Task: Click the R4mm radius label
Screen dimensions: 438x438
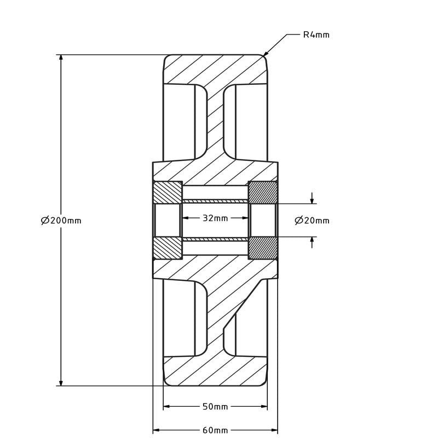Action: click(316, 35)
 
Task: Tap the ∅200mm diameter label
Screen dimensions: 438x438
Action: click(61, 221)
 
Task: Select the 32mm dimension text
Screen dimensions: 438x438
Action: click(215, 218)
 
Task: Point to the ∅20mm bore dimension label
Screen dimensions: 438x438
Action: click(312, 221)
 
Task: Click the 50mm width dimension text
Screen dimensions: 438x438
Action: click(215, 407)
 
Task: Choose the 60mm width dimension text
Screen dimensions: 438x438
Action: click(215, 430)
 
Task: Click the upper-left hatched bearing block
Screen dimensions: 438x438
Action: click(167, 192)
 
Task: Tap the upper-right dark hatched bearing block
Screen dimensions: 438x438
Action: click(263, 192)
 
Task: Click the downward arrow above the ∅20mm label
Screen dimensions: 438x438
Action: click(312, 200)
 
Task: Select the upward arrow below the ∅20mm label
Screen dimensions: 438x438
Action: click(312, 240)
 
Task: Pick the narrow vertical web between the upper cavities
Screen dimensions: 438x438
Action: click(215, 120)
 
